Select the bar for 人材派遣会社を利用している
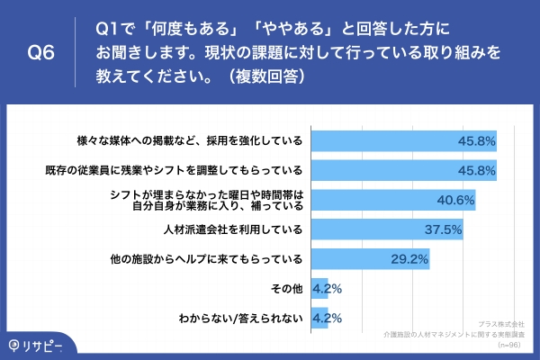(386, 229)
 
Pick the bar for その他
(319, 289)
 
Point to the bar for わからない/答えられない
(319, 318)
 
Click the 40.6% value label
(454, 200)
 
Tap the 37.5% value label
(443, 229)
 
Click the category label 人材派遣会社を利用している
(237, 229)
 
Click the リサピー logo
(40, 342)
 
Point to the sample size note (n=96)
(512, 344)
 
